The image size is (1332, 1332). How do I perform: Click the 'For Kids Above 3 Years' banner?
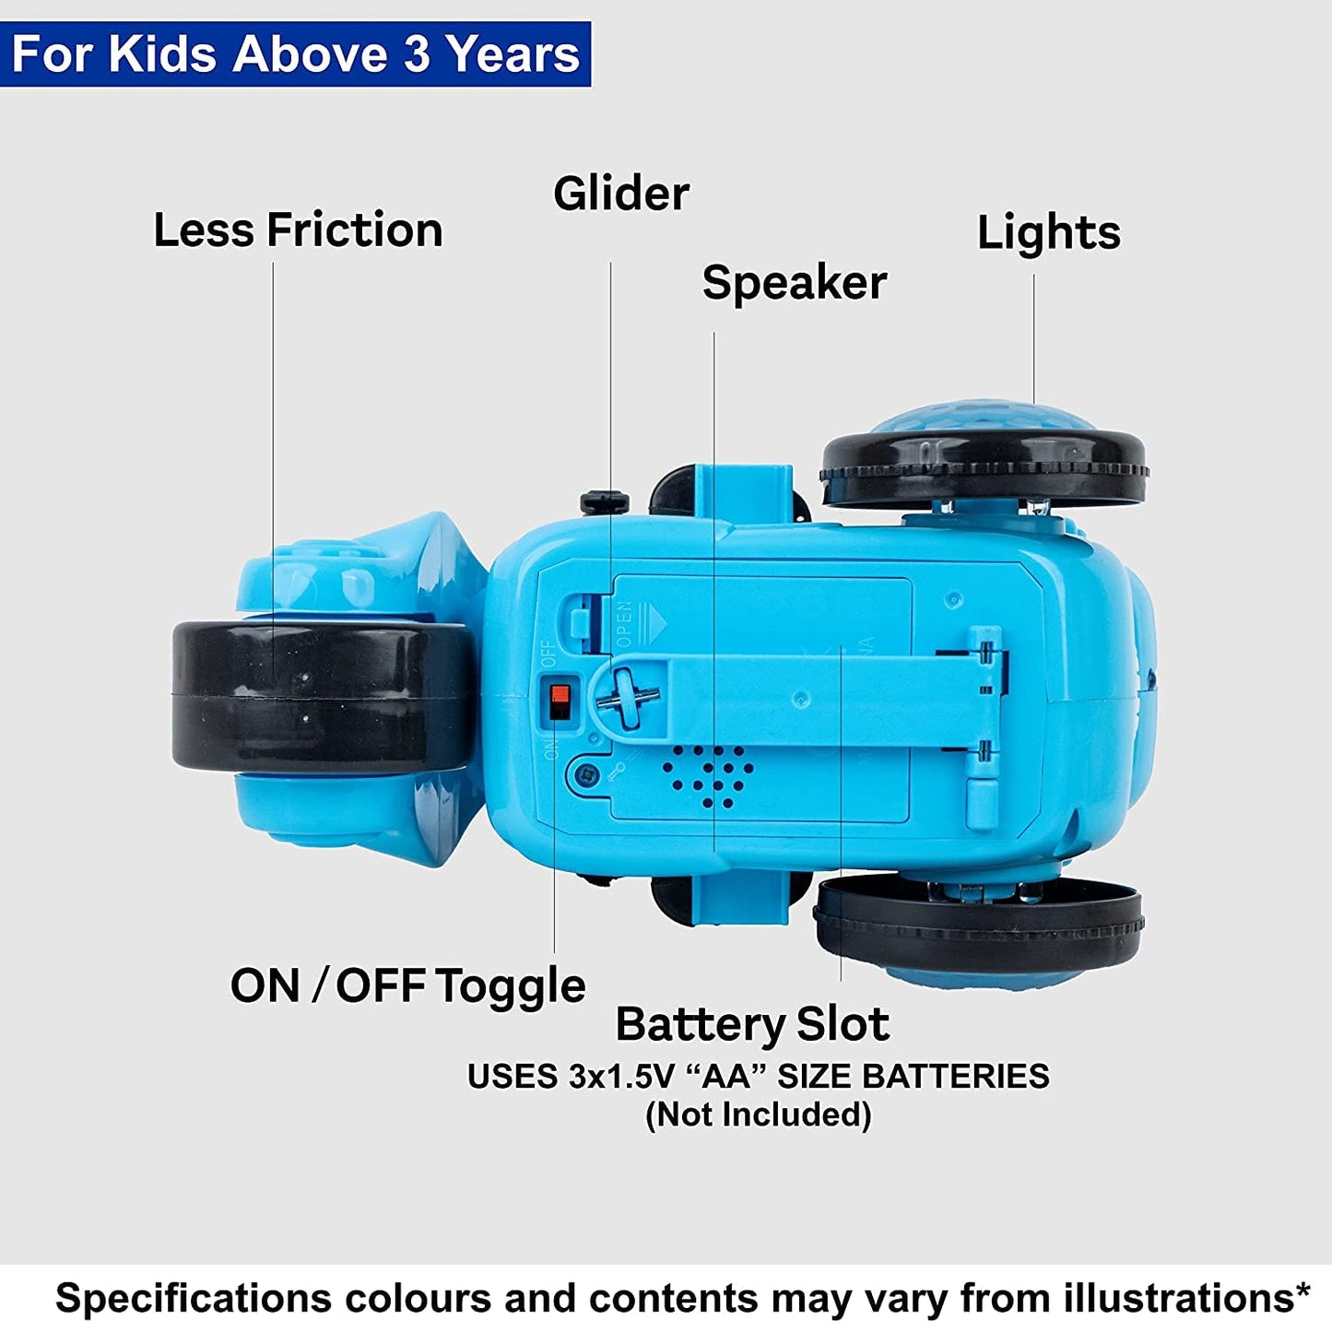(295, 53)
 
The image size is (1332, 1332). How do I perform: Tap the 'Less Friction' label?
(298, 230)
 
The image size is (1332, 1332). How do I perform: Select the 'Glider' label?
(621, 194)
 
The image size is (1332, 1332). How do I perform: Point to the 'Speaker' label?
(795, 283)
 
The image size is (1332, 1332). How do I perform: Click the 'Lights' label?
(1049, 233)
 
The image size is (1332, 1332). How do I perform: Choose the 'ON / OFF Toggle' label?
(407, 986)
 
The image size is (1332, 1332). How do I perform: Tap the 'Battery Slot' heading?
(752, 1024)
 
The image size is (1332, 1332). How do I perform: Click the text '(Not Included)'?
(759, 1114)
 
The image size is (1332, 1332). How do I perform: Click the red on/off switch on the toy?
(558, 701)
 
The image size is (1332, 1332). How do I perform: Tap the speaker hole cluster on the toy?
(707, 776)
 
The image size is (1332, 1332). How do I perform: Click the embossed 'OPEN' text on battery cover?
(624, 624)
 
